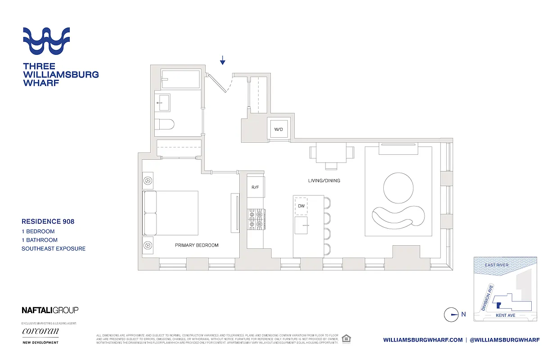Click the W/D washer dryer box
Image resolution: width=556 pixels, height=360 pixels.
click(279, 130)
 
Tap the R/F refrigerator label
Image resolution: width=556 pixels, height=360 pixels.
click(255, 187)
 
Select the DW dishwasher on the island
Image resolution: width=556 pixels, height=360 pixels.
click(301, 206)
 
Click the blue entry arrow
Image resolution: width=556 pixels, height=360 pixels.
click(222, 60)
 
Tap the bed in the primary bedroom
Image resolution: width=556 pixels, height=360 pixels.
click(171, 213)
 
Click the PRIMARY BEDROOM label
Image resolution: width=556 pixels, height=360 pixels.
click(197, 245)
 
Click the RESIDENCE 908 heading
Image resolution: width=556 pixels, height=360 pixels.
click(48, 221)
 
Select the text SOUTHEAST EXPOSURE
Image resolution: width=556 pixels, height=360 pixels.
click(54, 248)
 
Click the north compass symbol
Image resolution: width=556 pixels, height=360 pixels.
click(451, 315)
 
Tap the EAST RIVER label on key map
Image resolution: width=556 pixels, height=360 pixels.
click(497, 265)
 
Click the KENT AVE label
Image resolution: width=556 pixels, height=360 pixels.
click(505, 315)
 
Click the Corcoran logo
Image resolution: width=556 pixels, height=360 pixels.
click(40, 332)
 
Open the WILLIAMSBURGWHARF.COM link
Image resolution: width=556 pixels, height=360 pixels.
click(423, 340)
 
